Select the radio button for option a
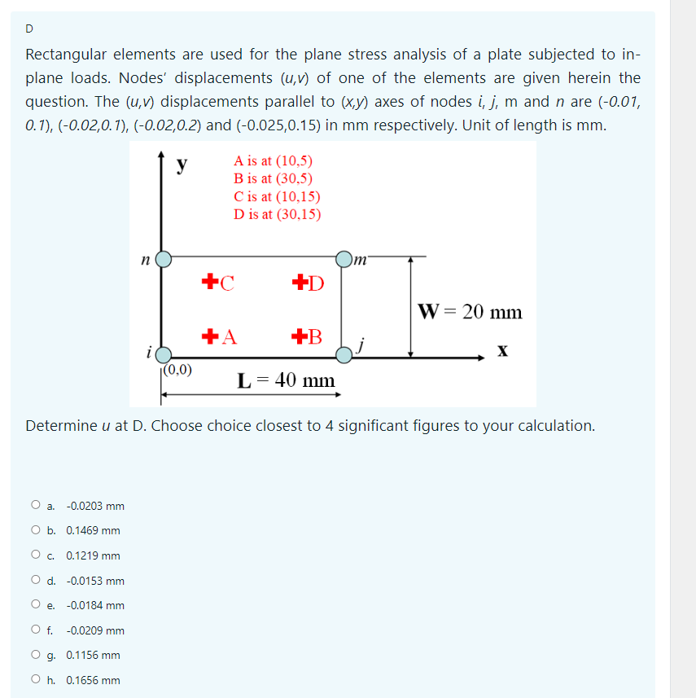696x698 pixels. (x=36, y=506)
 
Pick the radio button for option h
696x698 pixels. (x=36, y=680)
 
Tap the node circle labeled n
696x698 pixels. (x=164, y=259)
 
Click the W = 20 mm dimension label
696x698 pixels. (x=470, y=312)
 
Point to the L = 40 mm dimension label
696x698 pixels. (x=285, y=380)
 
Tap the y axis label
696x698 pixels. (x=184, y=165)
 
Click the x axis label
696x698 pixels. (x=503, y=350)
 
